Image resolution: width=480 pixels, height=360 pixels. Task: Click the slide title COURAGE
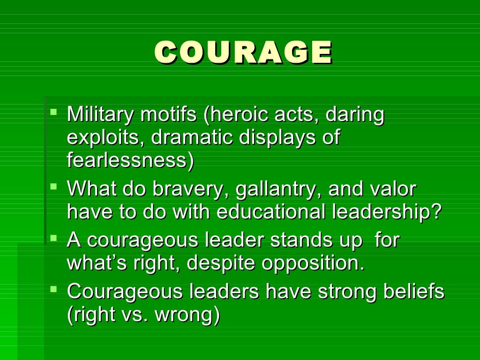coord(243,52)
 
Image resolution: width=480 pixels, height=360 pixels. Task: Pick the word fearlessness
coord(130,161)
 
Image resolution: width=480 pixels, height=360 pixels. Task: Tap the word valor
coord(393,189)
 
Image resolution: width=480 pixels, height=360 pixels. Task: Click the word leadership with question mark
coord(387,212)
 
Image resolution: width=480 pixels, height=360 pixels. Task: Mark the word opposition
coord(313,263)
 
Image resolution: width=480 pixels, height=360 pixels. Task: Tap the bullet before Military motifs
coord(54,112)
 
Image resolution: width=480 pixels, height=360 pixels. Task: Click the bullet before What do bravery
coord(54,187)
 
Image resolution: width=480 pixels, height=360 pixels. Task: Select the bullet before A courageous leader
coord(54,238)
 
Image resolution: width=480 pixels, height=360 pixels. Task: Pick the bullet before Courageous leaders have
coord(54,289)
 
